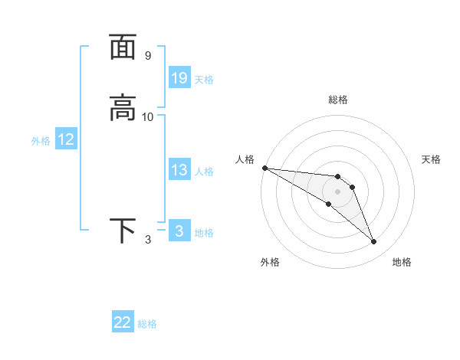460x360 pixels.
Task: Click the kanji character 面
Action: (123, 47)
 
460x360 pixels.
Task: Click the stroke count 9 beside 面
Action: (147, 56)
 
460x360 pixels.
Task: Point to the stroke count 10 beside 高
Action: (148, 117)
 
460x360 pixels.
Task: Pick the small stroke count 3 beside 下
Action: (148, 240)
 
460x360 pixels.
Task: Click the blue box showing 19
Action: (179, 77)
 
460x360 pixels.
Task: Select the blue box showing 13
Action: (179, 170)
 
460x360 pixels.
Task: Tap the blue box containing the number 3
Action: (179, 231)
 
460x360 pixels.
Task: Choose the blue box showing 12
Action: (66, 139)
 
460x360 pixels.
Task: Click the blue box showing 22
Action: (123, 323)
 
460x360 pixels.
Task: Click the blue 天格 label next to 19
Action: (204, 79)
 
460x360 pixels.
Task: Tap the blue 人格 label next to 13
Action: (204, 172)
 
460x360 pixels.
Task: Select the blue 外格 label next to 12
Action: (41, 141)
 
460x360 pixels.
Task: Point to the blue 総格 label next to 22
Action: (147, 325)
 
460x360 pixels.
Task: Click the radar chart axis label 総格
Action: (338, 100)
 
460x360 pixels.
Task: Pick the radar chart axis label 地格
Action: (402, 262)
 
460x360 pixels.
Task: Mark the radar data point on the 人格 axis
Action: (264, 168)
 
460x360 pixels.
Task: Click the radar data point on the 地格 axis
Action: (374, 242)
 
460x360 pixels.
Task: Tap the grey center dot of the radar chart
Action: (337, 191)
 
